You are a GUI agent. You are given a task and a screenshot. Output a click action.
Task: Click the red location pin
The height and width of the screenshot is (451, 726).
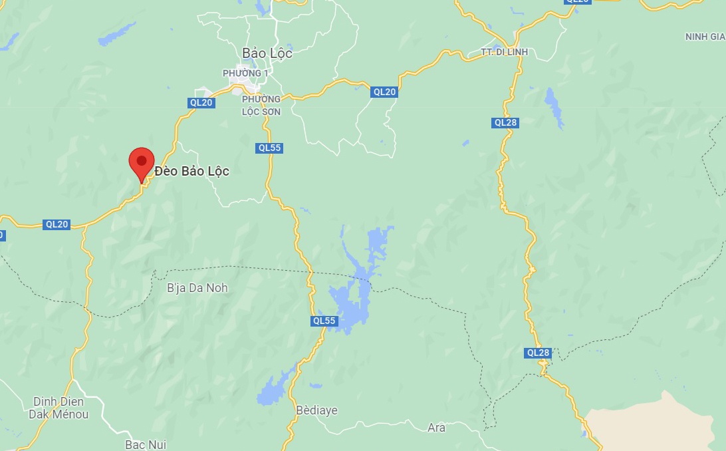[x=141, y=162]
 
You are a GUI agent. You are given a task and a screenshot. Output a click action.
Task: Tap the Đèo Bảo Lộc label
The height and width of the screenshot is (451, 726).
[x=191, y=172]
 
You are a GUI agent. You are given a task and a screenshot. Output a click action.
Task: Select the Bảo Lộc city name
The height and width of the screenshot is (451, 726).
[x=267, y=54]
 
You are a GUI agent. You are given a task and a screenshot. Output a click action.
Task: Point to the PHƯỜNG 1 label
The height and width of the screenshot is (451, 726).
[x=245, y=73]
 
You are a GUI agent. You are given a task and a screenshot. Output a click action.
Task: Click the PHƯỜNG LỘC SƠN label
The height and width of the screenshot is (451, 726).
[x=261, y=106]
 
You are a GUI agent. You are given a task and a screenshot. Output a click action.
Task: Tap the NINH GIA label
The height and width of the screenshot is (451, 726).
[x=705, y=37]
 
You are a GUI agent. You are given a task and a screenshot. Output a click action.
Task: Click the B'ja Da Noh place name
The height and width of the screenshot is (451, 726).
[x=197, y=288]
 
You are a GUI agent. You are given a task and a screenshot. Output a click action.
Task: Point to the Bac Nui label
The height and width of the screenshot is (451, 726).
[x=146, y=444]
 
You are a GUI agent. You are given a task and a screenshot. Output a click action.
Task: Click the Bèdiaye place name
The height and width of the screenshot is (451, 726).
[x=317, y=410]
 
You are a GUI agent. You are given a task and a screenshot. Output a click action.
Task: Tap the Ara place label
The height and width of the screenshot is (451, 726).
[x=436, y=428]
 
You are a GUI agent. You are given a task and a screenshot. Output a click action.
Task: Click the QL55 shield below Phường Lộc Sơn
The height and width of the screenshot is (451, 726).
[x=269, y=148]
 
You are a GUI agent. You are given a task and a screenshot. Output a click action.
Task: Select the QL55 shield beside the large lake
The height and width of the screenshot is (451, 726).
[x=324, y=321]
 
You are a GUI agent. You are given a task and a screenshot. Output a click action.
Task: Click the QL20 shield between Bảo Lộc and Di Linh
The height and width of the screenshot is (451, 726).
[x=384, y=92]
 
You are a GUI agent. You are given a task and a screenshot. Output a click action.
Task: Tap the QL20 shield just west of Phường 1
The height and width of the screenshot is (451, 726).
[x=201, y=102]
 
